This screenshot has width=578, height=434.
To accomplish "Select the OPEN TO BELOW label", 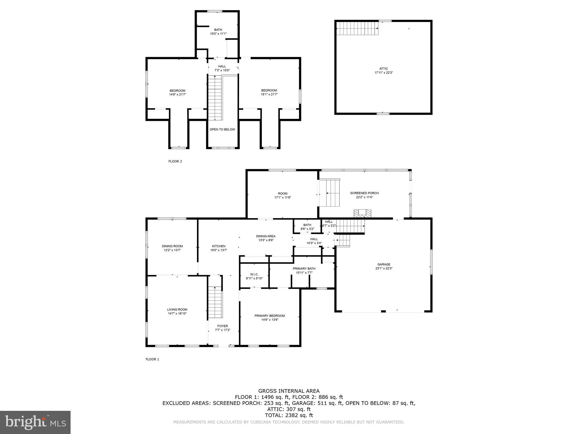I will pos(222,129).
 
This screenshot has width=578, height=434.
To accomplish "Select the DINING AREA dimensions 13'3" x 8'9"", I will pos(266,240).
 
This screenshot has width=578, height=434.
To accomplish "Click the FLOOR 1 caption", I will pos(152,359).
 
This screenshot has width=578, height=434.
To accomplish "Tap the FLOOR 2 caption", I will pos(175,161).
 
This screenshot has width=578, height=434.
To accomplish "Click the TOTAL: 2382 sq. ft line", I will pos(289,415).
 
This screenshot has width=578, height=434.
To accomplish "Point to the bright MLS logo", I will pos(35,422).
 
